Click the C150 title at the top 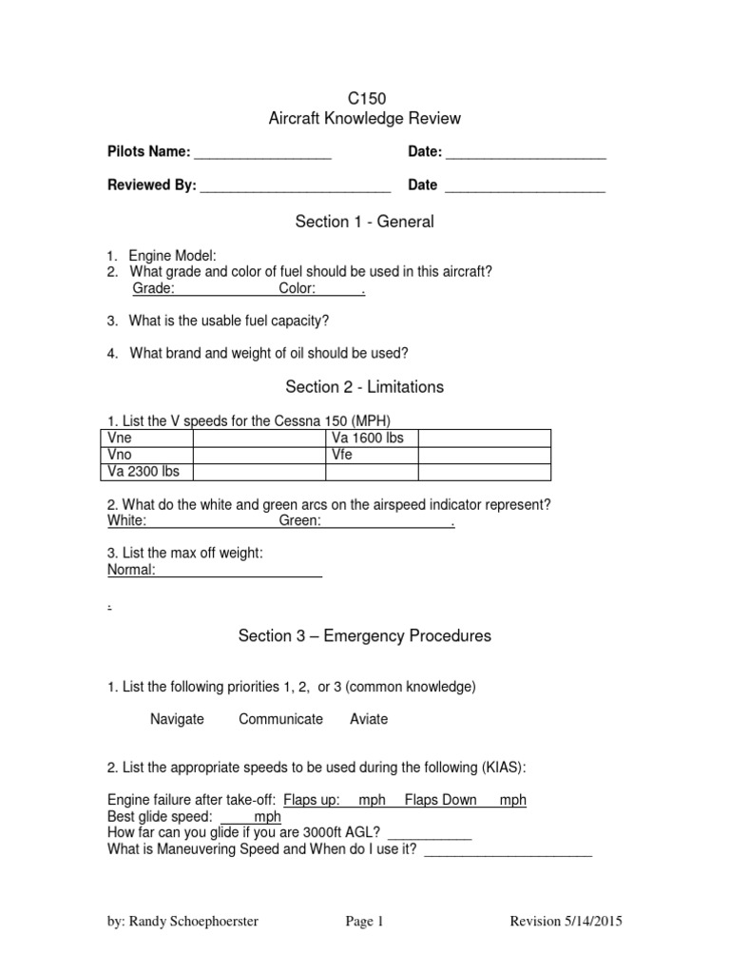(x=365, y=98)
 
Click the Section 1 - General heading (x=365, y=222)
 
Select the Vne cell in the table (x=120, y=438)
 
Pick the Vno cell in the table (x=120, y=455)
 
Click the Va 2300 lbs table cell (x=144, y=472)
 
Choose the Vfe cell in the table (x=342, y=455)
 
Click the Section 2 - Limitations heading (x=365, y=387)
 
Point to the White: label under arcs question (x=126, y=521)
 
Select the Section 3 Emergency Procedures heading (x=365, y=636)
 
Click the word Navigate (x=177, y=719)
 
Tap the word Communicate (x=280, y=719)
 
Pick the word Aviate (x=369, y=719)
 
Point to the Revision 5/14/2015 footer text (x=567, y=921)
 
